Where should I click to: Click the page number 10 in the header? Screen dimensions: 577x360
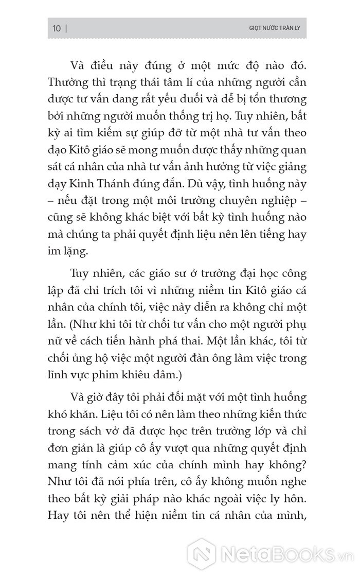56,28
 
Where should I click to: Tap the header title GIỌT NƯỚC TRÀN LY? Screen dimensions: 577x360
274,28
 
